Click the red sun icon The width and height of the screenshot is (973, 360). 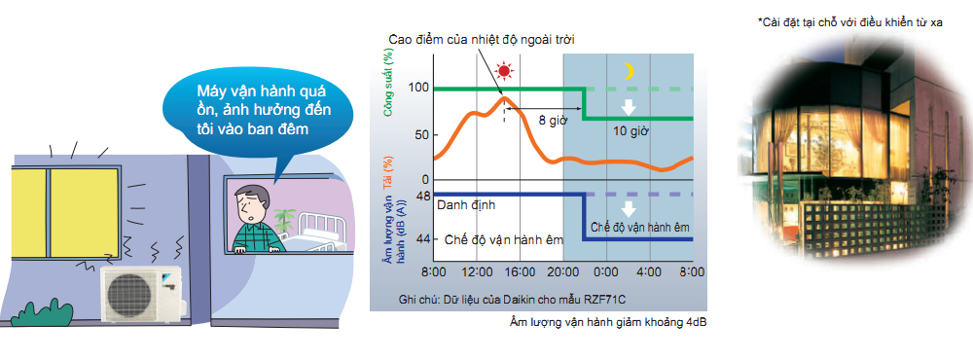point(504,71)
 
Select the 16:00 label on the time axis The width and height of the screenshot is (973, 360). point(520,271)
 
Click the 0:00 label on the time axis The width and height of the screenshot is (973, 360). point(606,271)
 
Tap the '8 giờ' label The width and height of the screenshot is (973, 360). point(553,121)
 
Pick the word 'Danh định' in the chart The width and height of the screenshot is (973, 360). point(466,204)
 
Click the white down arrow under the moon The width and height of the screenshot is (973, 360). point(630,106)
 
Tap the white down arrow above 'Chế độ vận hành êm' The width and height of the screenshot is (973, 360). point(630,207)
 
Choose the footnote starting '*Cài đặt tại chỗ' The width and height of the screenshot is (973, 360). point(850,22)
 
